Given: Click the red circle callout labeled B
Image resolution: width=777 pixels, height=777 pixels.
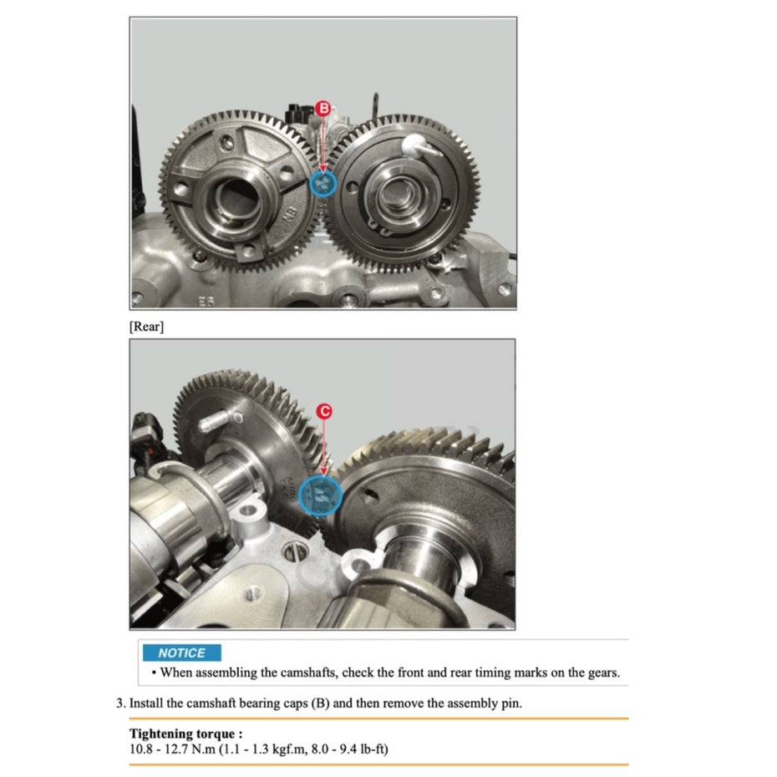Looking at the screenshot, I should pyautogui.click(x=324, y=108).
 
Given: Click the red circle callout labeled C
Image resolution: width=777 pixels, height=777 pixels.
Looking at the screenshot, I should pyautogui.click(x=325, y=411).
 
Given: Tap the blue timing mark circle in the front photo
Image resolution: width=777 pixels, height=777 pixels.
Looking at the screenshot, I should pyautogui.click(x=322, y=185).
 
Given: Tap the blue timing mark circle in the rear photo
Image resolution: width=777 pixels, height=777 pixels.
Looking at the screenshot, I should pyautogui.click(x=321, y=496).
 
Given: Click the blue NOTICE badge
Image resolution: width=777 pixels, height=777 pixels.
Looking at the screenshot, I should pyautogui.click(x=181, y=653).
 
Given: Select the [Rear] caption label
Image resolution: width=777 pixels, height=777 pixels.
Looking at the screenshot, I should pyautogui.click(x=146, y=327).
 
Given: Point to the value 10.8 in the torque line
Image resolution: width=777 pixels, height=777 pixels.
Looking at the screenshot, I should pyautogui.click(x=141, y=749).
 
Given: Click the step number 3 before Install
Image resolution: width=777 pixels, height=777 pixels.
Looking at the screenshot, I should pyautogui.click(x=119, y=703).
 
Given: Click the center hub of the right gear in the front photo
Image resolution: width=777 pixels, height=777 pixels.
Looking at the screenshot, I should pyautogui.click(x=394, y=193).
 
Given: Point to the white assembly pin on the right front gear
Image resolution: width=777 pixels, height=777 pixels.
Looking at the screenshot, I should pyautogui.click(x=416, y=145).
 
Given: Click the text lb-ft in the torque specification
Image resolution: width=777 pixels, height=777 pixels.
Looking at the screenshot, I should pyautogui.click(x=369, y=749).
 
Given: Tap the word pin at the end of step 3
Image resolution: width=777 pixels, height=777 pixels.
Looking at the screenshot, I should pyautogui.click(x=510, y=703).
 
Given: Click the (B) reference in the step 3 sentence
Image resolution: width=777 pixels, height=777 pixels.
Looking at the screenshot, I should pyautogui.click(x=320, y=703).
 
